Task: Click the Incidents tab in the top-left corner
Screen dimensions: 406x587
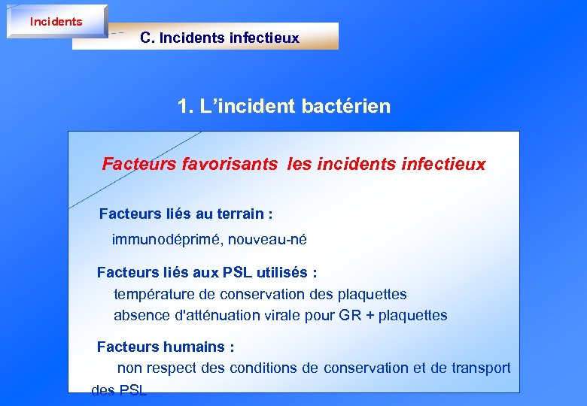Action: tap(56, 22)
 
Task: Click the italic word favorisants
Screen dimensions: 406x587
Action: tap(230, 164)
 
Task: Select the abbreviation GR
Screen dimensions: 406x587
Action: tap(350, 316)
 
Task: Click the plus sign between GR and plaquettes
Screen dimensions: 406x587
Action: tap(370, 316)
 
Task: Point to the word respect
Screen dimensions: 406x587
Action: tap(170, 368)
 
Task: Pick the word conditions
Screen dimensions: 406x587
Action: tap(287, 368)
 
